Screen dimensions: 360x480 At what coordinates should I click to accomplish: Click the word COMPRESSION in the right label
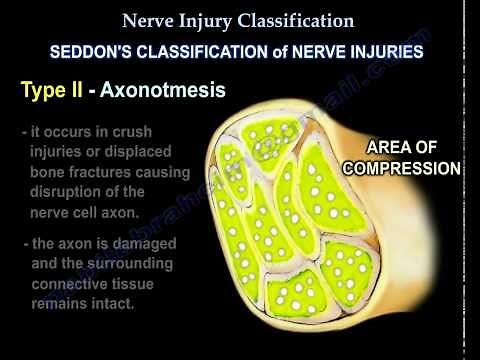tap(401, 167)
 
